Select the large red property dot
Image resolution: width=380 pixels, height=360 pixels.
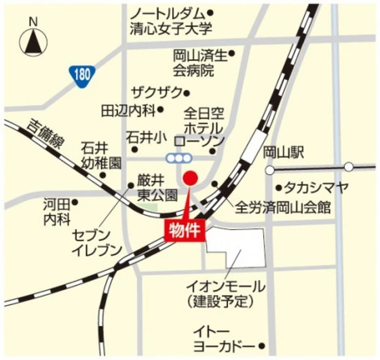191,178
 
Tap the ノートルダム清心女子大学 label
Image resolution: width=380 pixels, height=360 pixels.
171,21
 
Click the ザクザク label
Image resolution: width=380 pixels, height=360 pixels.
157,93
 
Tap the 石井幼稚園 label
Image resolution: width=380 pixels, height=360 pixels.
100,155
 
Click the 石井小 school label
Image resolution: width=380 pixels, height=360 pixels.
146,136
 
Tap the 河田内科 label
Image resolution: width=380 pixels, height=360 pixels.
56,212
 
